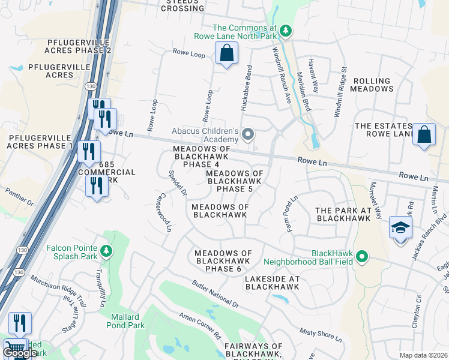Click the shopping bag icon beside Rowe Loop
(x=227, y=55)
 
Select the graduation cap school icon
(x=400, y=227)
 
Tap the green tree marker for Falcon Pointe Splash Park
(x=106, y=250)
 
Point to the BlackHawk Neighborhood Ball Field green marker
(x=361, y=257)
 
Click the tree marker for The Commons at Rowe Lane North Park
(x=286, y=31)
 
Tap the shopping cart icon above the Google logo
(x=15, y=347)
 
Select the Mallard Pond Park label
(x=124, y=321)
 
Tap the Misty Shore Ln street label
(x=321, y=335)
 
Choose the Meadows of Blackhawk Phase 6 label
(x=226, y=261)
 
